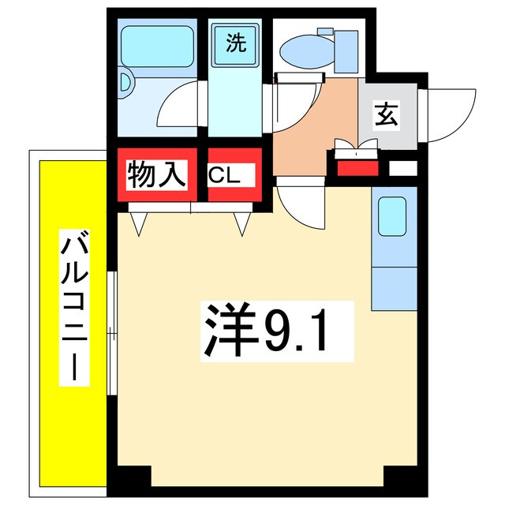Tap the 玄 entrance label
386,115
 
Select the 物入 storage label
156,174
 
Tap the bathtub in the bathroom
156,47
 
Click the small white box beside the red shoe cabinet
402,168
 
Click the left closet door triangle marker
140,226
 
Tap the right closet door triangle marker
241,226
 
